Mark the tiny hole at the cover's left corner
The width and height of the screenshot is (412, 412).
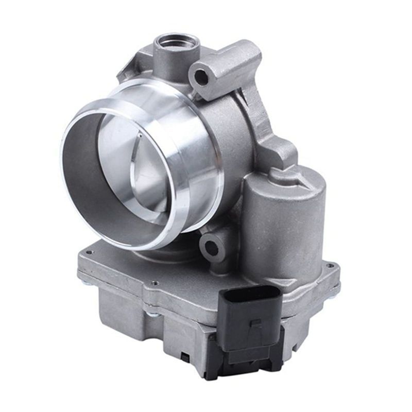pos(90,252)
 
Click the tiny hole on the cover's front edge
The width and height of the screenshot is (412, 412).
pos(155,283)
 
